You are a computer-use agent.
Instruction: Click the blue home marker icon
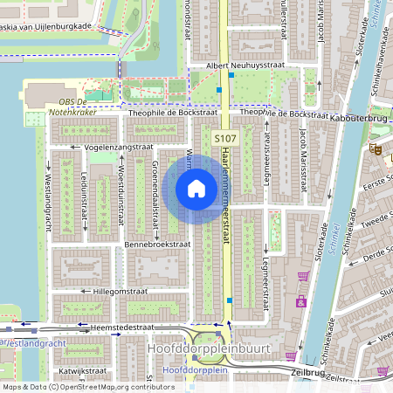pyautogui.click(x=196, y=188)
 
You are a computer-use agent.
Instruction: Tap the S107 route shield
pyautogui.click(x=224, y=139)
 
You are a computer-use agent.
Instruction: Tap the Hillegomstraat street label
pyautogui.click(x=110, y=291)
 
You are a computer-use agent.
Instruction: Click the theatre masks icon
pyautogui.click(x=378, y=149)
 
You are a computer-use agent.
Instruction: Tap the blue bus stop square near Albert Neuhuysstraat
pyautogui.click(x=231, y=76)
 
